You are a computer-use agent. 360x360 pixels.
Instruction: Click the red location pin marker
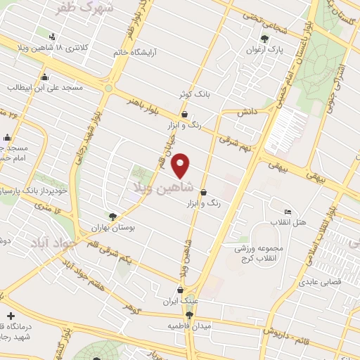pyautogui.click(x=181, y=166)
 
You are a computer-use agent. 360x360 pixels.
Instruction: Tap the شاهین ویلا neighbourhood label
pyautogui.click(x=157, y=188)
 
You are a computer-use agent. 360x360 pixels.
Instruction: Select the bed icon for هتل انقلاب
pyautogui.click(x=287, y=212)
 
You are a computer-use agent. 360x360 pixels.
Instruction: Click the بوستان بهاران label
pyautogui.click(x=113, y=229)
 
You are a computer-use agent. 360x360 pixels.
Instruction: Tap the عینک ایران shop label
pyautogui.click(x=181, y=301)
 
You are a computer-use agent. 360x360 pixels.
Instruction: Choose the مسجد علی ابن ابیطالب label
pyautogui.click(x=46, y=89)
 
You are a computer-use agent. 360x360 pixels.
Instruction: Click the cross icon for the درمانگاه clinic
pyautogui.click(x=10, y=316)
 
